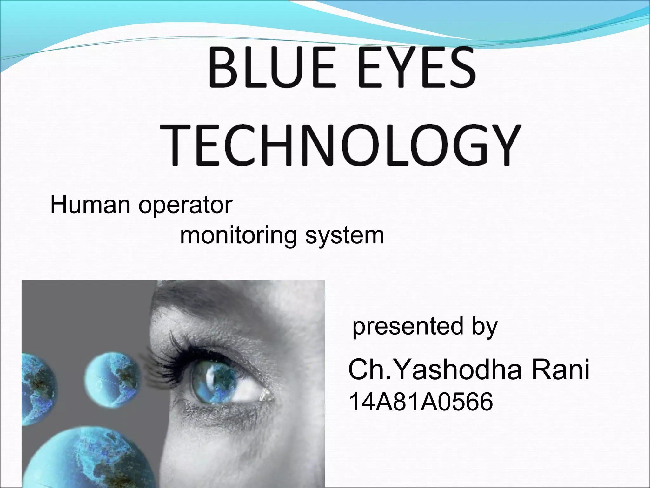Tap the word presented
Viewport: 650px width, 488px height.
point(408,327)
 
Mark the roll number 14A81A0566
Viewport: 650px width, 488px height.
point(421,402)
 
